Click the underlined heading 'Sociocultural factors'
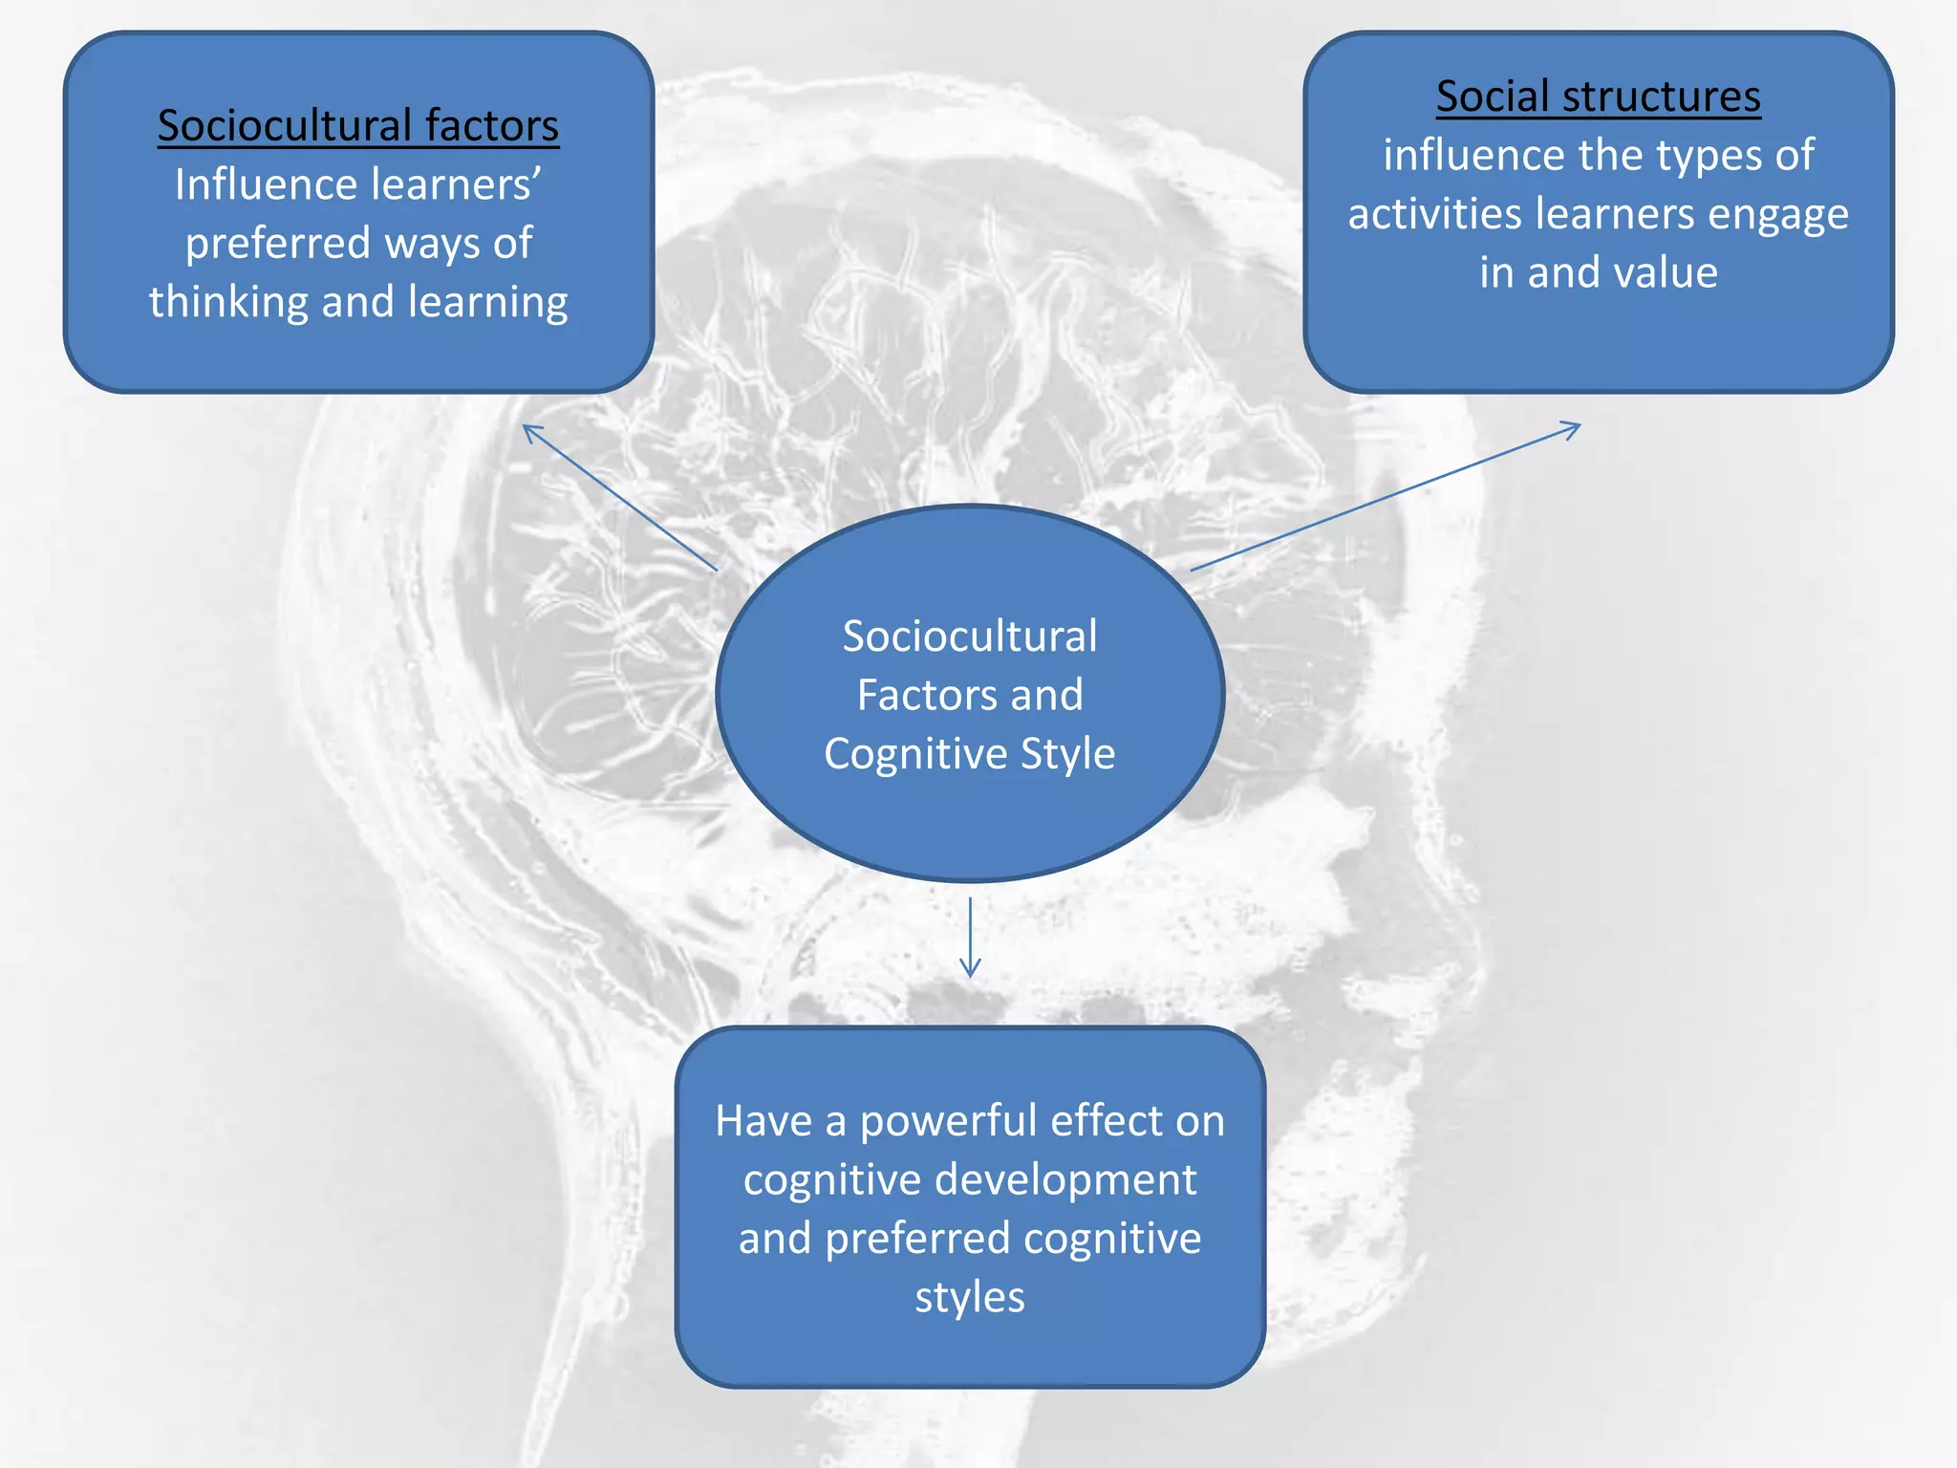[358, 125]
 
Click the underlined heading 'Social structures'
[1598, 97]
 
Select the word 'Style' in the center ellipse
[1067, 754]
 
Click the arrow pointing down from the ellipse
[970, 938]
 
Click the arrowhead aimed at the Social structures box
[1573, 427]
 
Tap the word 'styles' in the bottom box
[970, 1297]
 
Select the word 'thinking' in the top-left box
[228, 302]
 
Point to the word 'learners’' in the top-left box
[454, 184]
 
